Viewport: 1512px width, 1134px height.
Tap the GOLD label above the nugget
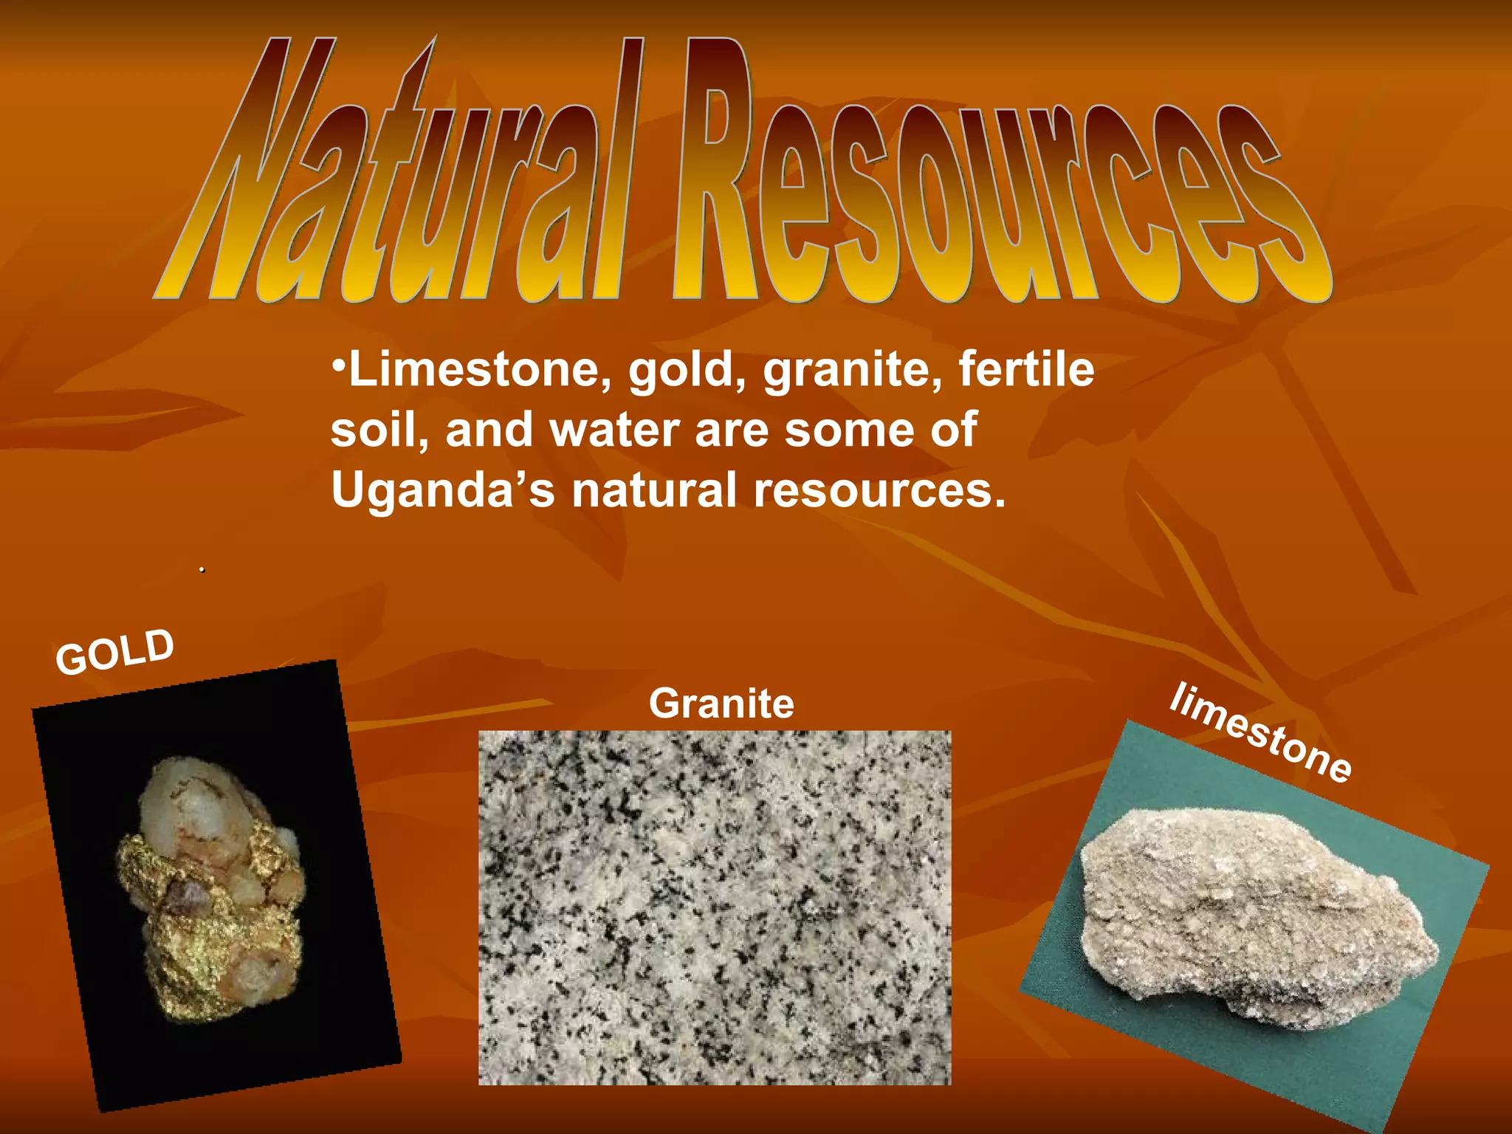click(x=115, y=651)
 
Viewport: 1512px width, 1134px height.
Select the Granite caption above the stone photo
click(x=721, y=704)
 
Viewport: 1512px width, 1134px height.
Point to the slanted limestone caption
click(x=1260, y=732)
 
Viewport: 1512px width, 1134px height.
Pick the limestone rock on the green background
click(x=1255, y=915)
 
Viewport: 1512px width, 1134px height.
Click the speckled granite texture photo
click(x=714, y=907)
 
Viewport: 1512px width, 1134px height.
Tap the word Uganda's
click(x=442, y=491)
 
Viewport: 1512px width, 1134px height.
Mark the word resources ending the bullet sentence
click(x=879, y=492)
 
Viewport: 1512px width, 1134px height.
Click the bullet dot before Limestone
click(x=338, y=367)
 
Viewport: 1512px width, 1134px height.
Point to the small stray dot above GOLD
click(x=202, y=570)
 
